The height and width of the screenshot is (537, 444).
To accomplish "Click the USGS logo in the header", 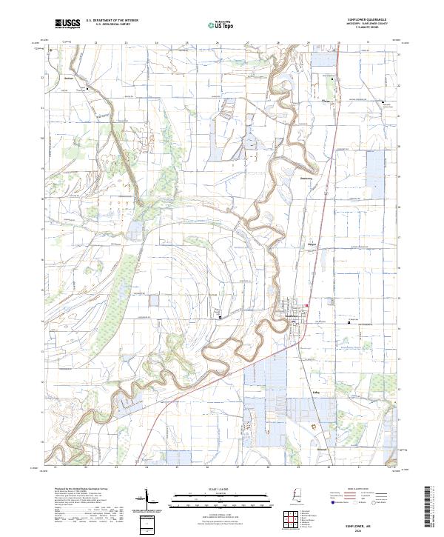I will [x=67, y=24].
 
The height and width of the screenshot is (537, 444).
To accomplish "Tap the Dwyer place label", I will [x=312, y=243].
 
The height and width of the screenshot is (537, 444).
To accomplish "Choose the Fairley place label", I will [x=316, y=393].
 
